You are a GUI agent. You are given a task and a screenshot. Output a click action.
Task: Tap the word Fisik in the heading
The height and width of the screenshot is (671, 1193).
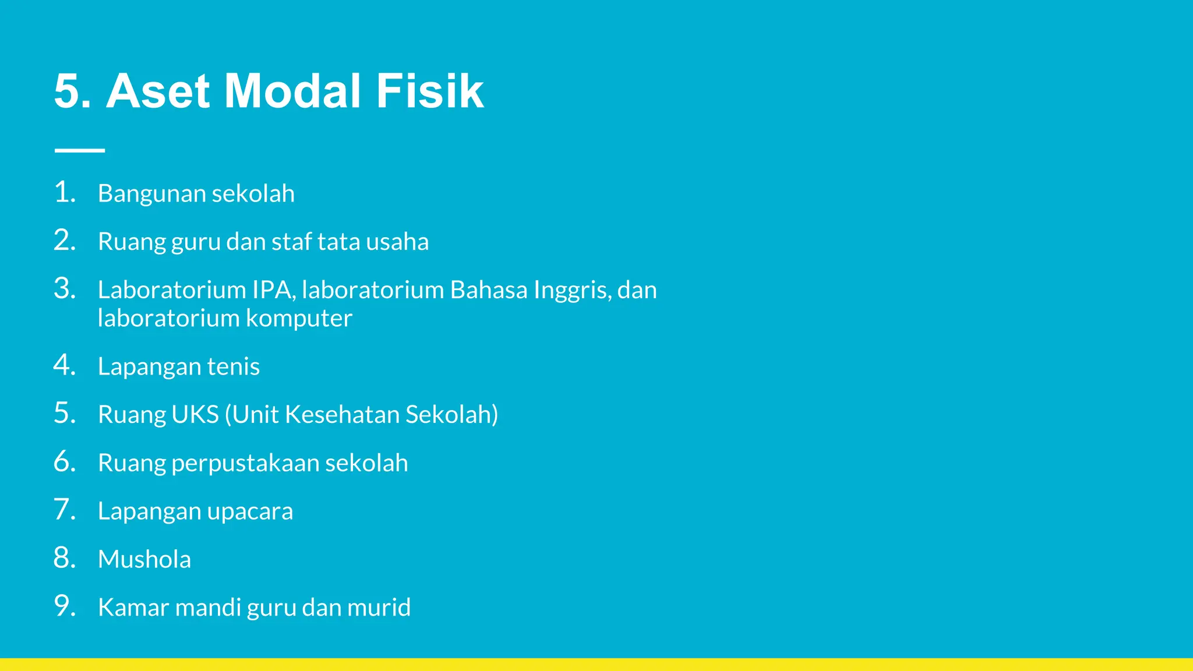pos(429,91)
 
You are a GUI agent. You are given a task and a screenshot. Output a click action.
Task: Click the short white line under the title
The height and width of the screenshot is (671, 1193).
pos(80,150)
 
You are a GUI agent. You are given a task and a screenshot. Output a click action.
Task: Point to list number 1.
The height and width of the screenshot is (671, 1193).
pos(65,192)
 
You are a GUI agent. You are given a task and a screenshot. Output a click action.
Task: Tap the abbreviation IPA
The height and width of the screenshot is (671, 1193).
pos(271,290)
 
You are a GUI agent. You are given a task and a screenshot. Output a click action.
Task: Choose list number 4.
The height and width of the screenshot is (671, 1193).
pos(65,365)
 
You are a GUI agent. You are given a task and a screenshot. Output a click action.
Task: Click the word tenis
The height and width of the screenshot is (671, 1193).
pos(233,366)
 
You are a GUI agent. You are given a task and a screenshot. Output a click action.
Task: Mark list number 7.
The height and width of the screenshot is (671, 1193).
pos(65,510)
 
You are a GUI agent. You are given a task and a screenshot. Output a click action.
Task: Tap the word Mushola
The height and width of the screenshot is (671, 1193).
pos(144,559)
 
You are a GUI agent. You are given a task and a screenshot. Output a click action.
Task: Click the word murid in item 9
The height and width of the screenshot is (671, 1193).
pos(379,608)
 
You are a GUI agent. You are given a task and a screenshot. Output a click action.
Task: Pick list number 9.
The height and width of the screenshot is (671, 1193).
pos(65,606)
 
